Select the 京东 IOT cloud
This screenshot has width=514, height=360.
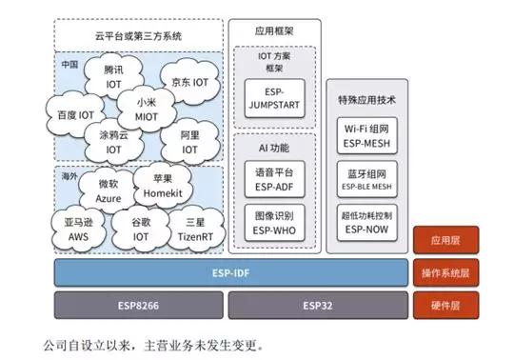pyautogui.click(x=187, y=83)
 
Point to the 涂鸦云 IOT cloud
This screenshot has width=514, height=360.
pyautogui.click(x=113, y=142)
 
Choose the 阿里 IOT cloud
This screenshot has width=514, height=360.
pyautogui.click(x=189, y=143)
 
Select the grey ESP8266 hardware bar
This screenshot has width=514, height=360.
pyautogui.click(x=138, y=306)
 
